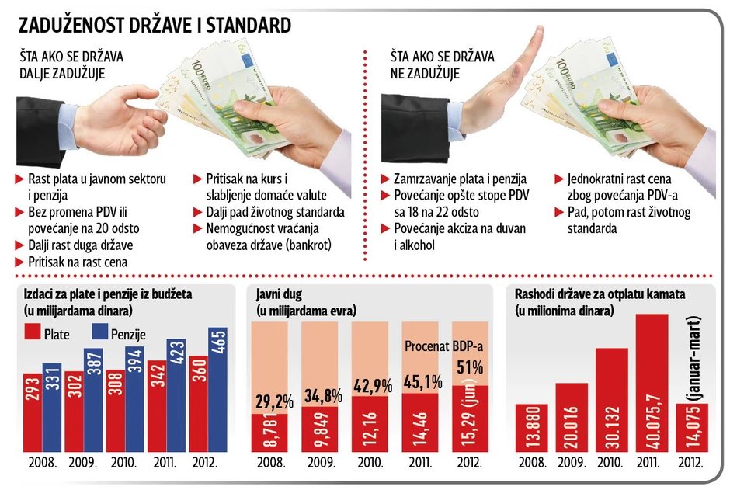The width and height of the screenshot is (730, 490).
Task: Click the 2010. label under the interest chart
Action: tap(611, 463)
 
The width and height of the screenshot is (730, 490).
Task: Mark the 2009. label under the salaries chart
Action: tap(82, 463)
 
